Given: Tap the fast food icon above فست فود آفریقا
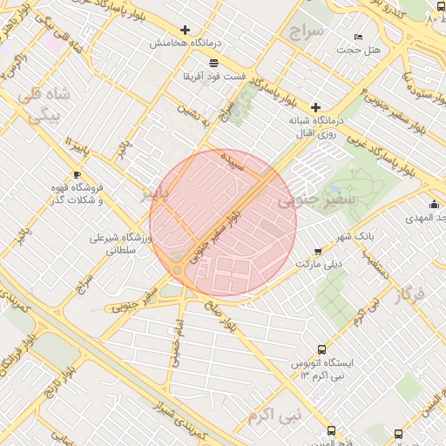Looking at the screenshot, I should coord(213,62).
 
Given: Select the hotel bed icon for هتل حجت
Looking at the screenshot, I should coord(359,37).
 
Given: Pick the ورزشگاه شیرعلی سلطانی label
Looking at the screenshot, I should coord(121,243).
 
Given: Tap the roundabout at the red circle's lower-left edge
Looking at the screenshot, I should coord(178,271).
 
